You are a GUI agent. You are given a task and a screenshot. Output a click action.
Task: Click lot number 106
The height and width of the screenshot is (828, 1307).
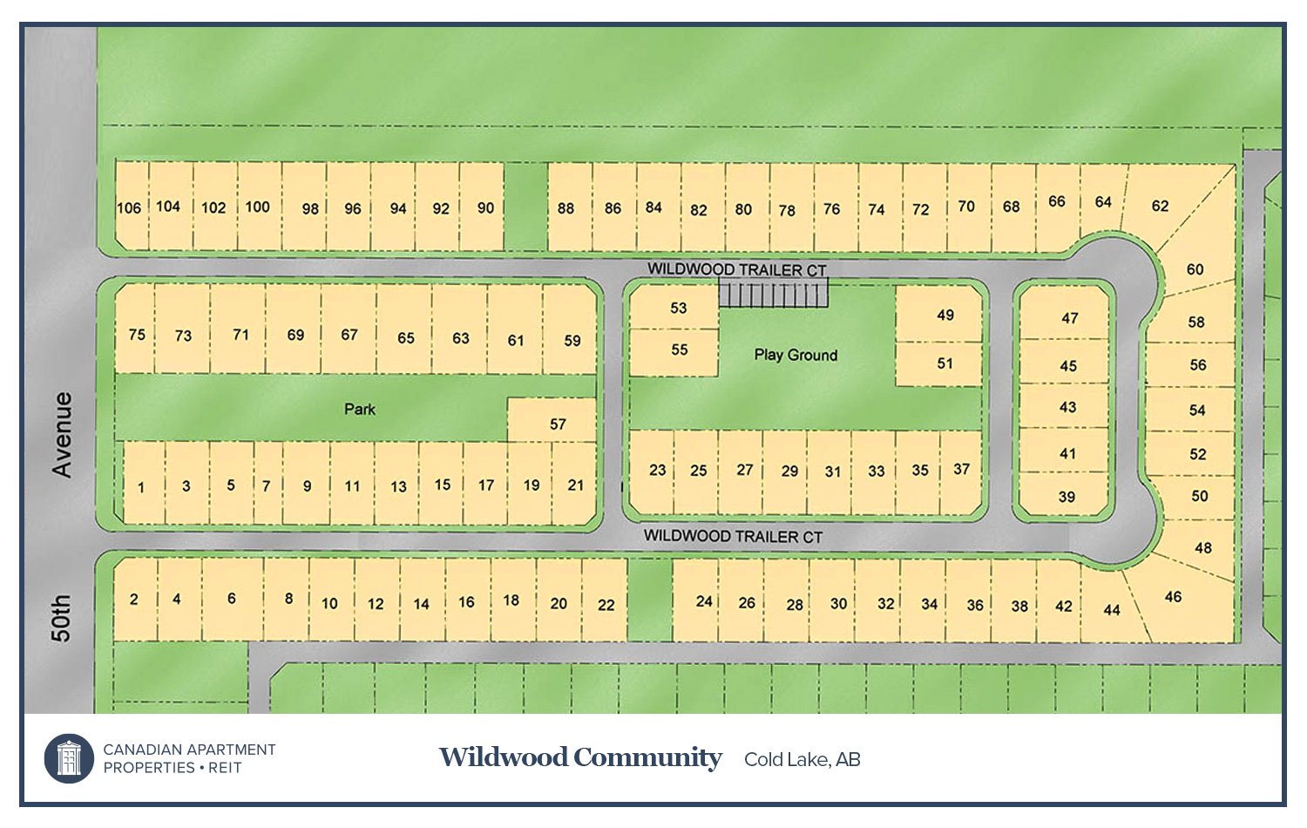[x=129, y=207]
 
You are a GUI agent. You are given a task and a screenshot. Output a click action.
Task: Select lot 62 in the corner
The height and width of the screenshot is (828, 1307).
[x=1160, y=206]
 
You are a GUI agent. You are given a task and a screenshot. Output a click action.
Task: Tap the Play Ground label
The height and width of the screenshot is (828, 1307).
[x=796, y=355]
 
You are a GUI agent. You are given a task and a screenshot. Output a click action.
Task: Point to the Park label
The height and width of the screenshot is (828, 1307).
[x=359, y=409]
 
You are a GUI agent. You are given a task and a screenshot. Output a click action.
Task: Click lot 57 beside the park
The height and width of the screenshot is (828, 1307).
[x=558, y=424]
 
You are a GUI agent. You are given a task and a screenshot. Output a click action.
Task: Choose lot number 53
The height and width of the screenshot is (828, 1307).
[x=678, y=308]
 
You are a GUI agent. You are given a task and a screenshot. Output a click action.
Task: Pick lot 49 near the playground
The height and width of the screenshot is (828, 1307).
[x=945, y=315]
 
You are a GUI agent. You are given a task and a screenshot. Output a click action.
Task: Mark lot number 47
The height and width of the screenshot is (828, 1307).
[x=1070, y=318]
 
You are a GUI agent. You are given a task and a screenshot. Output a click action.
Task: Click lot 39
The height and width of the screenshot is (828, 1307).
[x=1067, y=497]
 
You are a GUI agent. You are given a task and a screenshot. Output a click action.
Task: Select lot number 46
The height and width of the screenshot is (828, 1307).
[x=1173, y=597]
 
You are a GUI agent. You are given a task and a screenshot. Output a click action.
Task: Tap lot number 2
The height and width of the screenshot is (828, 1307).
[x=133, y=599]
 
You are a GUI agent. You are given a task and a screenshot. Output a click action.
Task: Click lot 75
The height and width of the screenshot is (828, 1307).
[x=137, y=334]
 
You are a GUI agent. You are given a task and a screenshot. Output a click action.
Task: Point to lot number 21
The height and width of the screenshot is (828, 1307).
[x=575, y=485]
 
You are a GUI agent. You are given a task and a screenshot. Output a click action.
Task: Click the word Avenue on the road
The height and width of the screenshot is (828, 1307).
[x=62, y=434]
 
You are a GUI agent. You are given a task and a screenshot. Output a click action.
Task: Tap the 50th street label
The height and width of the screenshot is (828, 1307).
[x=60, y=618]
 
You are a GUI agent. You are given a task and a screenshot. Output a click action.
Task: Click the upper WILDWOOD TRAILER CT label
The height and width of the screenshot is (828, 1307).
[x=736, y=269]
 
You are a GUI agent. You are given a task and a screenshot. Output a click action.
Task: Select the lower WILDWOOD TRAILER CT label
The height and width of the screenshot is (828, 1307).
[x=733, y=536]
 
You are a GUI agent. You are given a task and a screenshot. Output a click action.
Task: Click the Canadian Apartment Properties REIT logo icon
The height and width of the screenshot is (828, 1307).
[x=69, y=757]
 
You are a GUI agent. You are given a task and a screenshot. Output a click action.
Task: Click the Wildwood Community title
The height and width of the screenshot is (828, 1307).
[x=580, y=757]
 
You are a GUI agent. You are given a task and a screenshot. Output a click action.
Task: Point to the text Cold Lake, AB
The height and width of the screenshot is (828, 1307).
[x=802, y=759]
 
